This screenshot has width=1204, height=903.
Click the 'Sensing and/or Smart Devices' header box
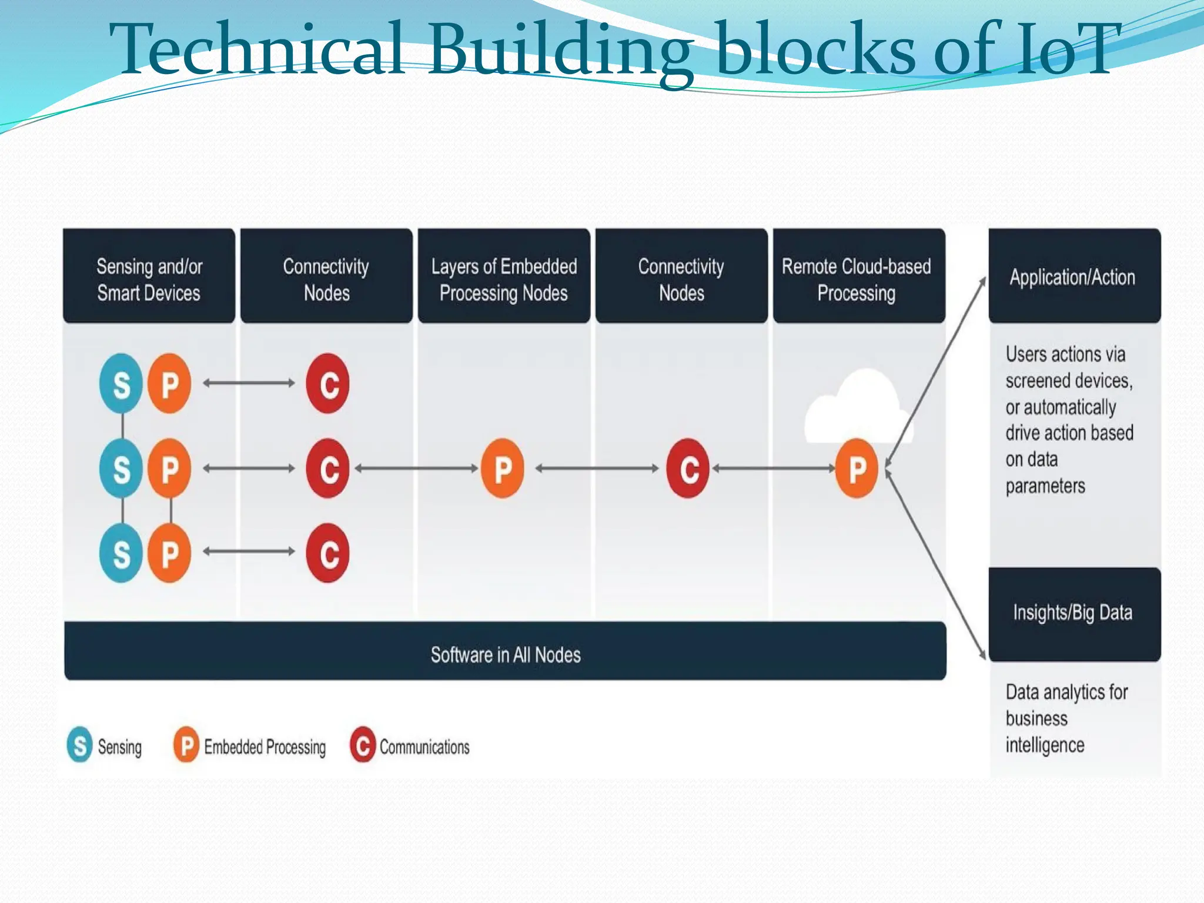149,276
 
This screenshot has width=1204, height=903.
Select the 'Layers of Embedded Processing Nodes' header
504,276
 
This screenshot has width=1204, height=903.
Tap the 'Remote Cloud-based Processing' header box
859,276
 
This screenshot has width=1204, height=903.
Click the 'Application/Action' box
1074,276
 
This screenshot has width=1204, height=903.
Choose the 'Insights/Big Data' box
1074,613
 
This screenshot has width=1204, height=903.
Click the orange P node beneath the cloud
857,469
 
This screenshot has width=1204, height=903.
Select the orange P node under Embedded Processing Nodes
502,469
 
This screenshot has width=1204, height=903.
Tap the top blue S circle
121,384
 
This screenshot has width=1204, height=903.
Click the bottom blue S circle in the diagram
121,553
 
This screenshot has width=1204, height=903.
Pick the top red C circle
327,384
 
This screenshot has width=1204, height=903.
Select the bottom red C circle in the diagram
327,553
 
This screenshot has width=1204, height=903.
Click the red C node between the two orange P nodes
687,469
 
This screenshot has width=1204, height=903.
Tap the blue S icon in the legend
80,745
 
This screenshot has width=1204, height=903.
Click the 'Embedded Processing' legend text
265,747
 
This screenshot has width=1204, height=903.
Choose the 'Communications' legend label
424,747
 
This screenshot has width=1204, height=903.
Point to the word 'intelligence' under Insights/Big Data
1045,745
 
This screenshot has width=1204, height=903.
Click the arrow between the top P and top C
249,383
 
